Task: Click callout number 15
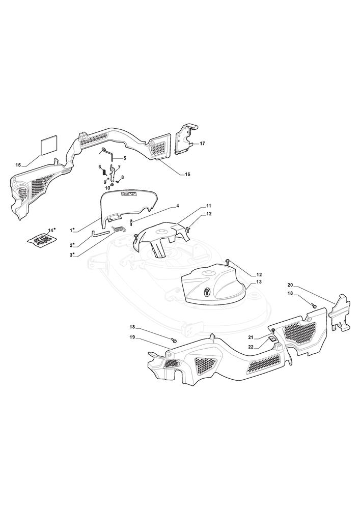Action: click(x=18, y=165)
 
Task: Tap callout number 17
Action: click(x=202, y=143)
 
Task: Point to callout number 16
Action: click(x=187, y=174)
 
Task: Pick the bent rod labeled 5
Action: click(x=108, y=153)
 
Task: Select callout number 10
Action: click(x=107, y=188)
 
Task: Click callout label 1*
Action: click(x=72, y=231)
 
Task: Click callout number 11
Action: click(x=208, y=206)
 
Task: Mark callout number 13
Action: click(x=259, y=282)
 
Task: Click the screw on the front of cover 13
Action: click(x=207, y=292)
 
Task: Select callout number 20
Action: click(x=290, y=285)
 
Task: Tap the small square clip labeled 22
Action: click(x=271, y=339)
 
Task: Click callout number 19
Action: click(x=132, y=337)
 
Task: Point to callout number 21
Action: click(x=251, y=338)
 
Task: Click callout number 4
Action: click(x=178, y=206)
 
